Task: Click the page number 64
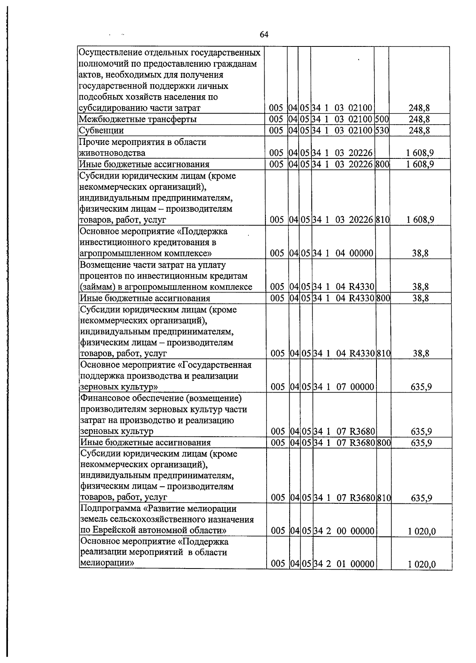click(264, 35)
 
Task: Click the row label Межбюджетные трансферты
click(138, 119)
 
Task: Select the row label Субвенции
click(102, 131)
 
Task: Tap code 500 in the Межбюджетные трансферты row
click(382, 119)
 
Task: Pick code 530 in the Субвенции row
click(382, 130)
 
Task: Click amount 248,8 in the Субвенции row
click(419, 130)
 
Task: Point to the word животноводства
click(112, 153)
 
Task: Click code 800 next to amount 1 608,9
click(382, 164)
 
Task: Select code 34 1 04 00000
click(344, 253)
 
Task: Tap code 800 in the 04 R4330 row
click(383, 298)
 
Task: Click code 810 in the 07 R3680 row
click(384, 498)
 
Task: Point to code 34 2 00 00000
click(344, 531)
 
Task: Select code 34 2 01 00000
click(344, 564)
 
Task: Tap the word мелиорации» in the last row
click(107, 563)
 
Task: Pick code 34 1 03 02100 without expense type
click(342, 108)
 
